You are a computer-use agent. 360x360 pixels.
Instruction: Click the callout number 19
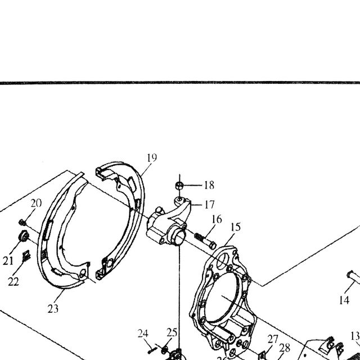coord(152,157)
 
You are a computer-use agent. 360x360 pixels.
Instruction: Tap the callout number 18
coord(209,185)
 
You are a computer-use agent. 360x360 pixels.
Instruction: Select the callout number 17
coord(209,205)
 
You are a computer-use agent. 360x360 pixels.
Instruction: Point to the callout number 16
coord(217,219)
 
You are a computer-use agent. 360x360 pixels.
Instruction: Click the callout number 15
coord(236,227)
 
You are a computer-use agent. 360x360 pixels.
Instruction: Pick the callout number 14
coord(344,300)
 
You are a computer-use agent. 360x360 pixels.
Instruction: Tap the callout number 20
coord(36,203)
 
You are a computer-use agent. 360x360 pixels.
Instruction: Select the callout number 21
coord(8,261)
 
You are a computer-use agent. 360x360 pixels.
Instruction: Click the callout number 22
coord(13,281)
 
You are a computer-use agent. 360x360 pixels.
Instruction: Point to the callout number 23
coord(53,309)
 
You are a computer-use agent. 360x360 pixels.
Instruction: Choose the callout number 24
coord(143,334)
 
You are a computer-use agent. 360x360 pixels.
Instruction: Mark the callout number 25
coord(172,332)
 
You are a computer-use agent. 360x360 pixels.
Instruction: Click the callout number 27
coord(273,339)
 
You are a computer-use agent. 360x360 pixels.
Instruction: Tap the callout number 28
coord(285,348)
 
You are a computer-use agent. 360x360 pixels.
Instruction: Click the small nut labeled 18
coord(179,186)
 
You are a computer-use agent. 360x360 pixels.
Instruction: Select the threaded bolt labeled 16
coord(205,241)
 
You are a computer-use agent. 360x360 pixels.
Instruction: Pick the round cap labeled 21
coord(24,236)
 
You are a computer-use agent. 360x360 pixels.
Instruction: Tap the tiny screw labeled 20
coord(22,222)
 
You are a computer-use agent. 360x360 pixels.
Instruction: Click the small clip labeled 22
coord(26,256)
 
